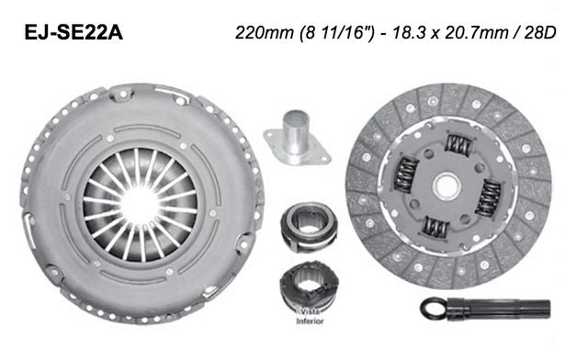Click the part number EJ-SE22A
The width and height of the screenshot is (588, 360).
(x=73, y=35)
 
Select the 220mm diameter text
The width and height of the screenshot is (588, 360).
(x=261, y=35)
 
